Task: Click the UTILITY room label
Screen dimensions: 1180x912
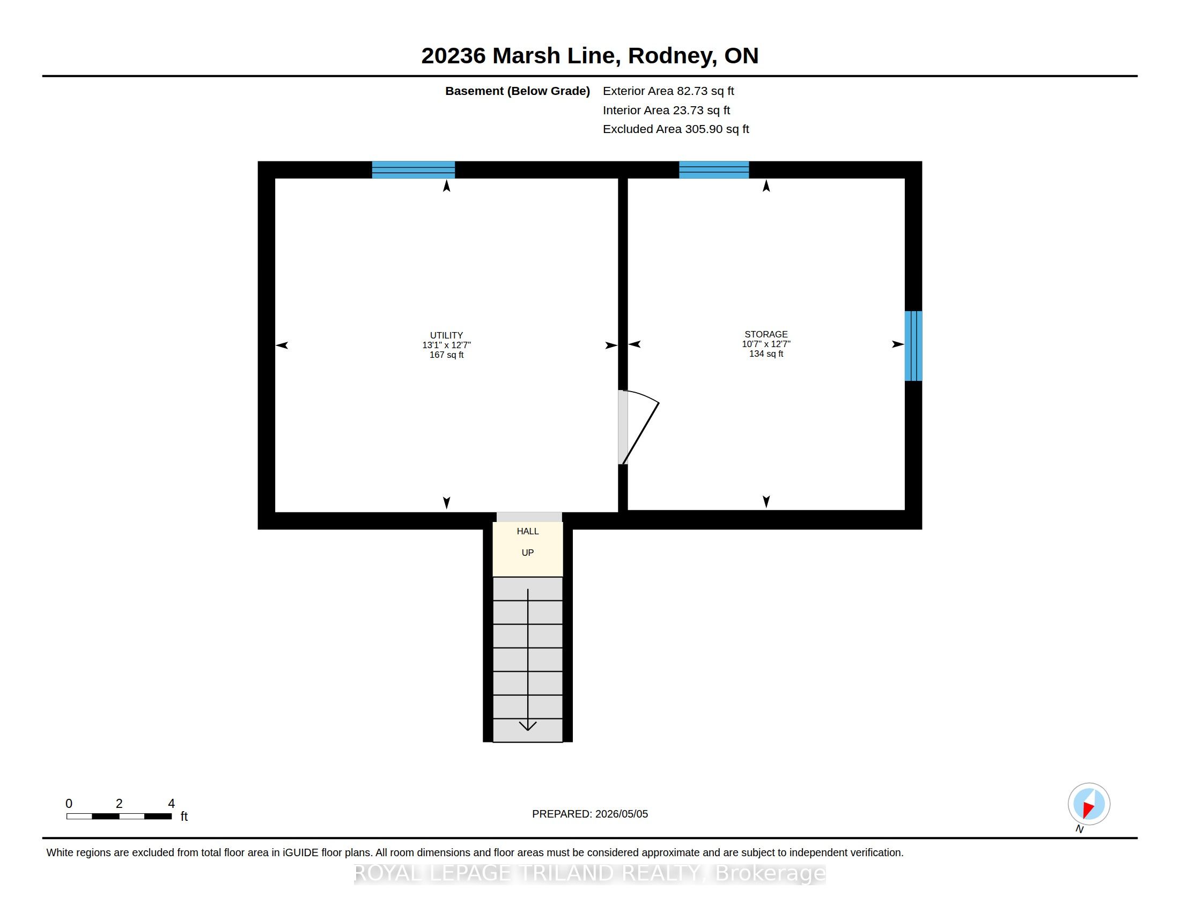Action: pos(446,335)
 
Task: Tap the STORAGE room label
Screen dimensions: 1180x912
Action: pos(765,334)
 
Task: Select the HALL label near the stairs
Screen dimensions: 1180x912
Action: pos(528,531)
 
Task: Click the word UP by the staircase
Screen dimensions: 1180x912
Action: pos(528,553)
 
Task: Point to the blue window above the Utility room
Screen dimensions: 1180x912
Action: pos(414,170)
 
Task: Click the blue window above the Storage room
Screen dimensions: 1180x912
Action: pos(714,170)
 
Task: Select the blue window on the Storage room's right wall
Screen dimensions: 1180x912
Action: pos(913,346)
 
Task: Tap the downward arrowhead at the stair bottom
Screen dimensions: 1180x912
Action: pos(528,726)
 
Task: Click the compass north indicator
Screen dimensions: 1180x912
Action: pos(1089,804)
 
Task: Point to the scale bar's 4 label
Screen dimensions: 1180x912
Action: pos(171,804)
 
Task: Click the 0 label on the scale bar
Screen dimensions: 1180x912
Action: pos(69,804)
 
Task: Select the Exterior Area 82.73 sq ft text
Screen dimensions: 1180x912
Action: pos(668,91)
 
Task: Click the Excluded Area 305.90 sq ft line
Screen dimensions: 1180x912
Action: pos(676,129)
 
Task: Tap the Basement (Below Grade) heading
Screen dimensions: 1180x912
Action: pos(517,91)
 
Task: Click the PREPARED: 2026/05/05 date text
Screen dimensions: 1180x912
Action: pos(590,814)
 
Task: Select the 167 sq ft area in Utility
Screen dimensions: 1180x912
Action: pos(446,355)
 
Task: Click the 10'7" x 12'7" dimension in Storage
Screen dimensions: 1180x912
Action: pos(765,344)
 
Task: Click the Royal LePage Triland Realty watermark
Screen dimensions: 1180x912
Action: pos(589,873)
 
